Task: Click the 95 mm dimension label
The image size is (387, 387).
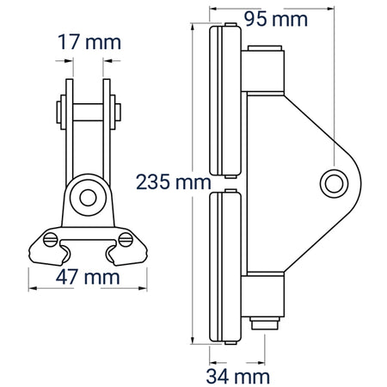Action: click(276, 20)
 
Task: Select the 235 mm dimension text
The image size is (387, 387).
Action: click(174, 182)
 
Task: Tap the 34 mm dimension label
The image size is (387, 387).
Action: click(237, 377)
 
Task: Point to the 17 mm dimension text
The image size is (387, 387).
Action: click(89, 42)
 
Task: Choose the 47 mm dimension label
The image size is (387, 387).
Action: click(88, 277)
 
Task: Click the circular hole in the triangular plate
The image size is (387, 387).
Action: click(334, 183)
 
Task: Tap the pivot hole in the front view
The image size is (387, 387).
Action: click(88, 198)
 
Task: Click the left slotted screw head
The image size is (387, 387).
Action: click(50, 240)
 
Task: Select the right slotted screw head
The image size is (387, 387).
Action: click(126, 240)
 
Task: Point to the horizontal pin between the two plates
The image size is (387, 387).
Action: click(88, 112)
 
